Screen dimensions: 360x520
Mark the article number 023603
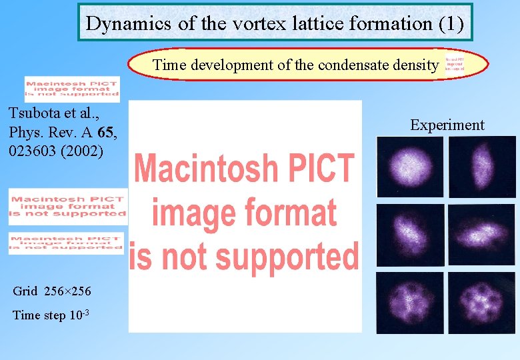click(x=33, y=151)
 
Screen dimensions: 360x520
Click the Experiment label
click(x=447, y=125)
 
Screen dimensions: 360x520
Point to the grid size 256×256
click(x=67, y=291)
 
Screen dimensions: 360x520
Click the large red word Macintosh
click(x=245, y=168)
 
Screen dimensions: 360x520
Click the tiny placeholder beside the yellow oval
click(x=456, y=64)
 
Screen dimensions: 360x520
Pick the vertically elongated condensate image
click(x=482, y=166)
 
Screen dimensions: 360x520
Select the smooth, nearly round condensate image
click(x=409, y=166)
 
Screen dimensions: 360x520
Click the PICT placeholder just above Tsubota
click(x=72, y=89)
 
